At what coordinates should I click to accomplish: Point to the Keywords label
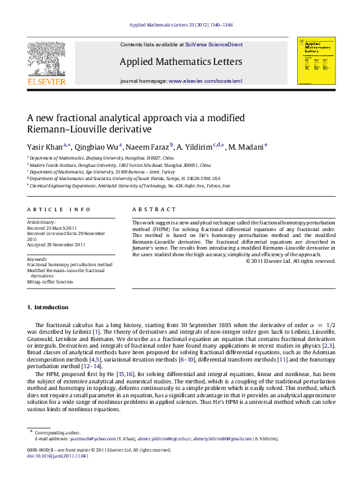tap(37, 258)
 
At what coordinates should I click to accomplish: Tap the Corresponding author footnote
tap(57, 432)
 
